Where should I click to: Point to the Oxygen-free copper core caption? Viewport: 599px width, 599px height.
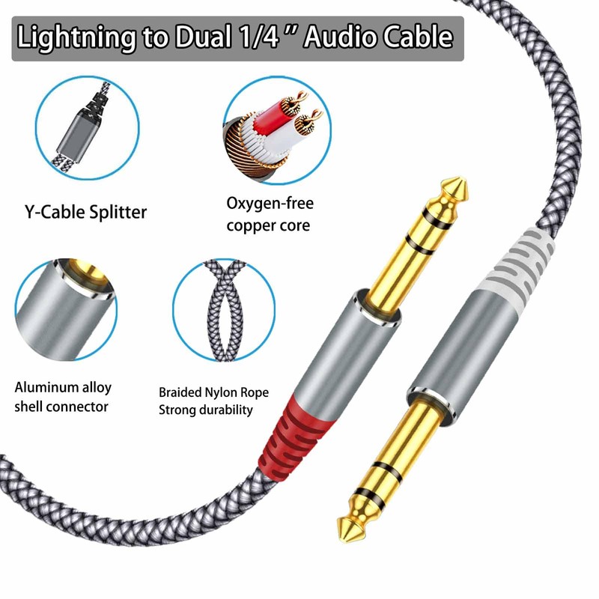pos(270,213)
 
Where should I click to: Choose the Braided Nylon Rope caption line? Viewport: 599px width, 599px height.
pos(213,392)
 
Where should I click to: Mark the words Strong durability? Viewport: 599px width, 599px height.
pos(206,410)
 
